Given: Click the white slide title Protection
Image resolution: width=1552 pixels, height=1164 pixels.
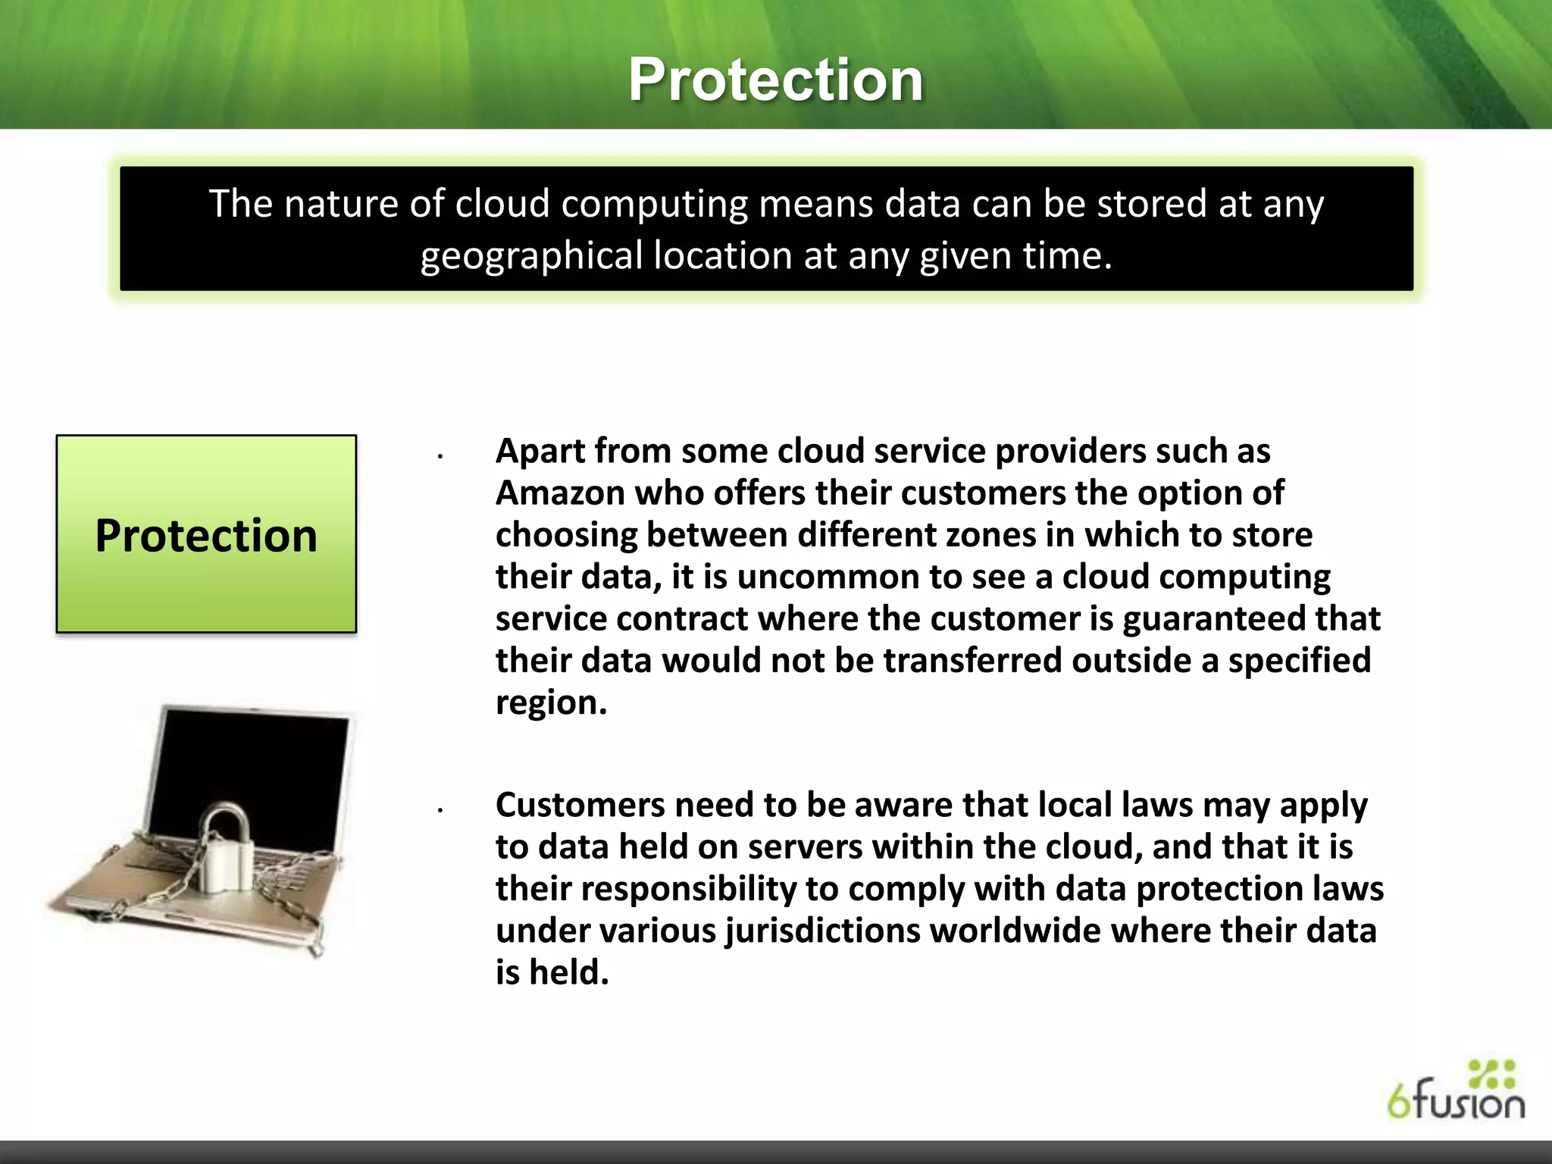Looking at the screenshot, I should point(775,80).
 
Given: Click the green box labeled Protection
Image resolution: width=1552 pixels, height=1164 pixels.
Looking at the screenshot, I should point(206,533).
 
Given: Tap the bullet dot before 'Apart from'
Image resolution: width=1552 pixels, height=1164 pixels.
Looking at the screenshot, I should point(440,456).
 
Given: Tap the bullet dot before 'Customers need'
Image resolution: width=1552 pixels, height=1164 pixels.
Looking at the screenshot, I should point(440,810).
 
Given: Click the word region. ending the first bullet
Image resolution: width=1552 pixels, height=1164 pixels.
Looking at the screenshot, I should point(551,702).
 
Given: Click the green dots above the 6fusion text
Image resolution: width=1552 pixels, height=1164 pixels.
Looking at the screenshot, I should point(1491,1074).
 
